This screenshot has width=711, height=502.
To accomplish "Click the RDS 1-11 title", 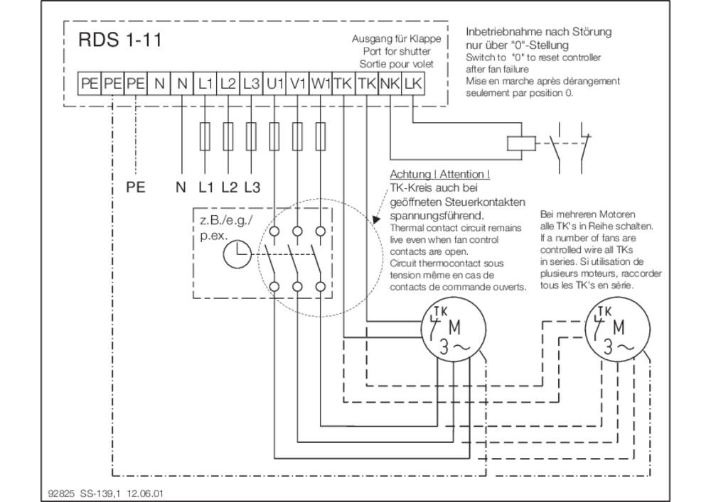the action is point(119,40).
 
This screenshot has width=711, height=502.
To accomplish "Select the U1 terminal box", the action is point(274,84).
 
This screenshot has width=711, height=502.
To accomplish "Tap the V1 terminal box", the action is point(297,84).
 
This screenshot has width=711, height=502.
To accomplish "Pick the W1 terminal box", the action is point(321,84).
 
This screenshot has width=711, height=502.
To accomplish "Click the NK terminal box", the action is point(390,84).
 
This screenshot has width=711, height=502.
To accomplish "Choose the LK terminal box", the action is point(413,84).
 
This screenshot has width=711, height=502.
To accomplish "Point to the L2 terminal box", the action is point(228,84).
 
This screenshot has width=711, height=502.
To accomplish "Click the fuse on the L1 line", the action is point(205,136).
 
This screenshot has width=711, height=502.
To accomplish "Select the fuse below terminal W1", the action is point(321,136).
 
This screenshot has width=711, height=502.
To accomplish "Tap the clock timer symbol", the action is point(237,254).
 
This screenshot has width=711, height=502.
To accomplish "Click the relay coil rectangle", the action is point(521,143).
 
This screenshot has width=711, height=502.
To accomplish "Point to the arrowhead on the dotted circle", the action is point(376,219).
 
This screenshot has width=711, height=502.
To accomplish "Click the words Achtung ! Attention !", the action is point(440,174).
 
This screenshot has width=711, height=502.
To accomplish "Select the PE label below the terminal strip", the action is point(136,187).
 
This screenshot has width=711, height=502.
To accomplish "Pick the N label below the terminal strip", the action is point(181,187).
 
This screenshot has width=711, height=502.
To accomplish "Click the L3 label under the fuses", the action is point(252,187).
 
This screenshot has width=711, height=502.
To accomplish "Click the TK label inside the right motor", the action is point(604,312).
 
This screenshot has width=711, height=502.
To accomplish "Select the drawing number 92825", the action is point(60,493).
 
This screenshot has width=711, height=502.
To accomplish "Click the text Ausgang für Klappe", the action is point(396,39).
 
